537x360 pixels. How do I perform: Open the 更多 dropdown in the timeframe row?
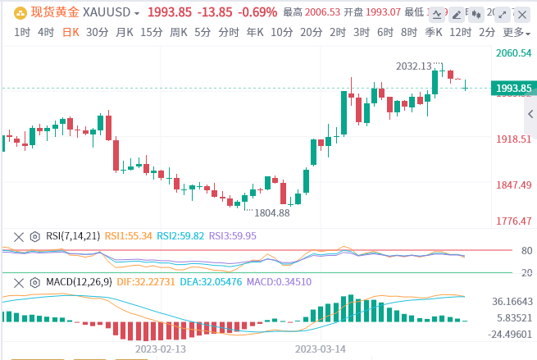[515, 32]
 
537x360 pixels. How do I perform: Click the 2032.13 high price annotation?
[414, 66]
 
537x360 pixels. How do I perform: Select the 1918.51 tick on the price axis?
[514, 139]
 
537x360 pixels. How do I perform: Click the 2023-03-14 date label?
[320, 348]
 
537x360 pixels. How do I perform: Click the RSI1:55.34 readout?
[129, 235]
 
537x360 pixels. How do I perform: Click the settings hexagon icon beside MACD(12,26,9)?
[34, 282]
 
